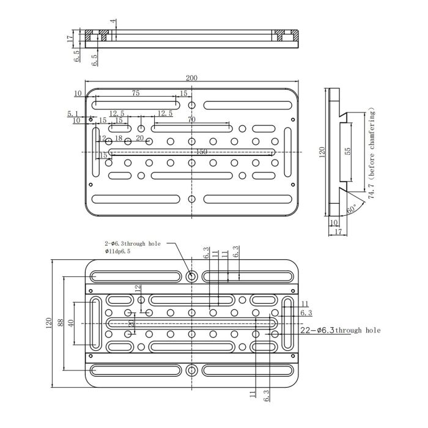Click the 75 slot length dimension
tap(135, 94)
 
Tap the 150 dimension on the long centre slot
tap(201, 152)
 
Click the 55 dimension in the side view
tap(349, 151)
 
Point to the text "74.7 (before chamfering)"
tap(371, 153)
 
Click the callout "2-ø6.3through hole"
tap(132, 243)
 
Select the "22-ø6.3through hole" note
tap(341, 330)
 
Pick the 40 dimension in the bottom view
tap(71, 322)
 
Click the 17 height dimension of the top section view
tap(70, 37)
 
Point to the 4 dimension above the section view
tap(113, 22)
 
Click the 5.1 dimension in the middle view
tap(73, 114)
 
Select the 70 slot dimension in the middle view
tap(191, 120)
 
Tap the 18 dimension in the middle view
tap(119, 139)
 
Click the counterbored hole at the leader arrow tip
tap(192, 276)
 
